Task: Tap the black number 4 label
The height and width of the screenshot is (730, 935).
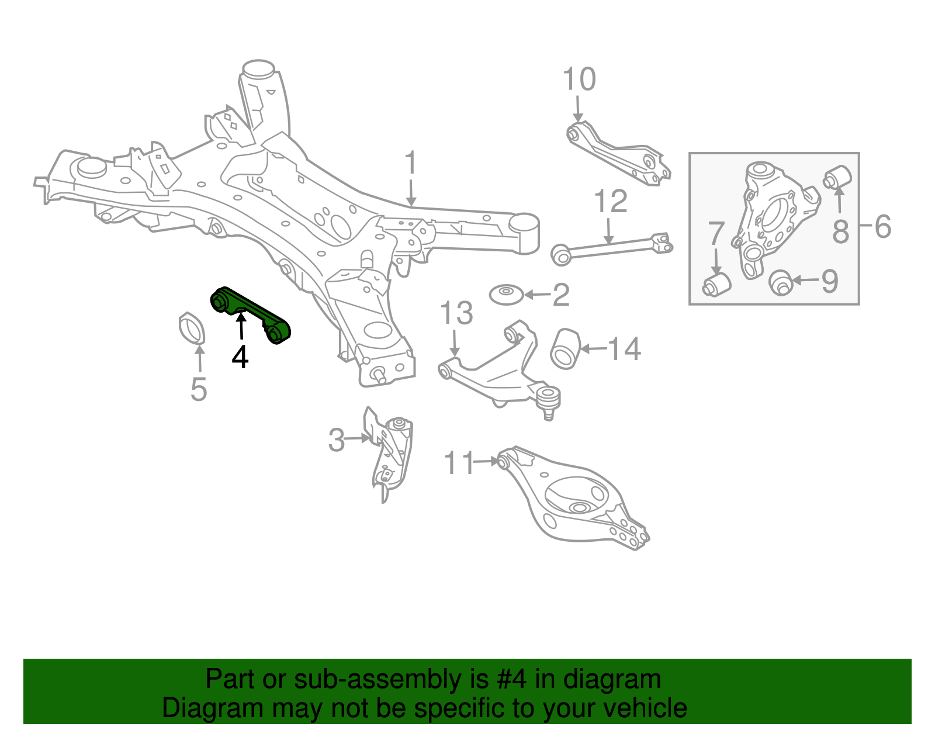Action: pyautogui.click(x=240, y=357)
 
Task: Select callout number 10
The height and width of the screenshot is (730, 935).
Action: pyautogui.click(x=579, y=79)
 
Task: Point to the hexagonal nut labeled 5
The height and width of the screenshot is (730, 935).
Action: pyautogui.click(x=192, y=329)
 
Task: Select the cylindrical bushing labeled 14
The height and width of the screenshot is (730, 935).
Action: pyautogui.click(x=565, y=349)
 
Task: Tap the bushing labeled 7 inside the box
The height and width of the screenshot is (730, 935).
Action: pyautogui.click(x=716, y=283)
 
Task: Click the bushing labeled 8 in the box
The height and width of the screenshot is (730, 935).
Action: pyautogui.click(x=838, y=177)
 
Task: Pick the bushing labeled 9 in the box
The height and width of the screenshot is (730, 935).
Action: pyautogui.click(x=780, y=282)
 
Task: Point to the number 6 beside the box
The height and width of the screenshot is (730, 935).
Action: pyautogui.click(x=883, y=226)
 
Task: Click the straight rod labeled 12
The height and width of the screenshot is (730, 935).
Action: pyautogui.click(x=611, y=248)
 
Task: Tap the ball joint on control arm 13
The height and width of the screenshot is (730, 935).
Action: pyautogui.click(x=548, y=399)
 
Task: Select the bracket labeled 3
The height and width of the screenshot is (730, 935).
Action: pyautogui.click(x=390, y=453)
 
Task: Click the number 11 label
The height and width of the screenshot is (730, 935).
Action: pyautogui.click(x=459, y=463)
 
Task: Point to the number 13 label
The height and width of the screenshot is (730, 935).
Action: pyautogui.click(x=456, y=314)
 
